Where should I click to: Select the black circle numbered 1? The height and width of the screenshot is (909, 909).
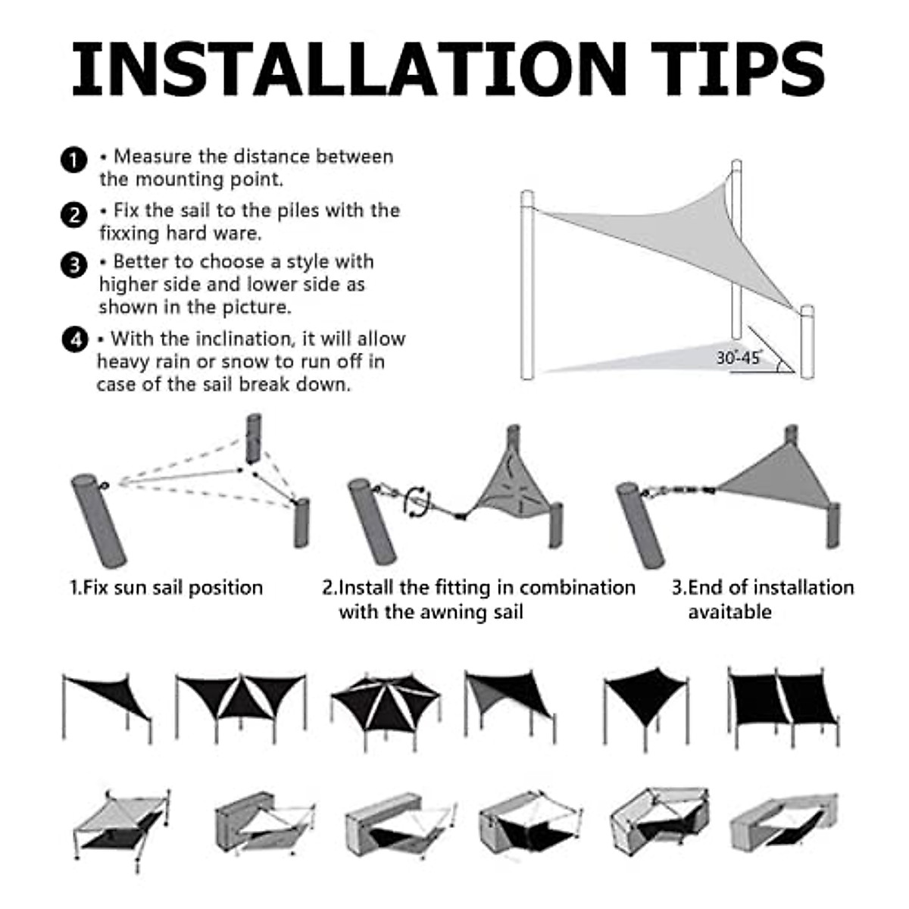(73, 161)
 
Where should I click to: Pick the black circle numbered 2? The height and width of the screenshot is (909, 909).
(73, 214)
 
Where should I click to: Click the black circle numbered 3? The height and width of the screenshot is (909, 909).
(73, 265)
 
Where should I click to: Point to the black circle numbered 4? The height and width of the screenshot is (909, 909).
(73, 340)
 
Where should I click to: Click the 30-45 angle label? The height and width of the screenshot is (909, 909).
(738, 358)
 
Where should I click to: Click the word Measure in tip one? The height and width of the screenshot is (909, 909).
(151, 157)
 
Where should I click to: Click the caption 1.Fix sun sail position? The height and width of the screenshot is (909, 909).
(166, 588)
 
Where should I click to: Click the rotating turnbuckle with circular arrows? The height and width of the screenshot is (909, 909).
(417, 501)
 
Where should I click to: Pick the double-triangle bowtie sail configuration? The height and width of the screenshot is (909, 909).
(241, 698)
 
